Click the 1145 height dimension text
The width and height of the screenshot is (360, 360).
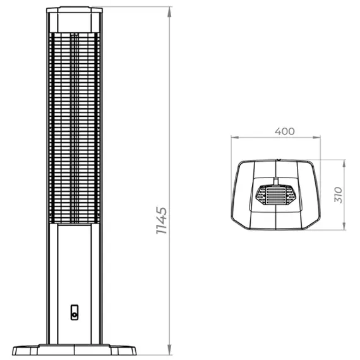pos(162,220)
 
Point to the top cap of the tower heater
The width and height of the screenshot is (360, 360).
pos(75,11)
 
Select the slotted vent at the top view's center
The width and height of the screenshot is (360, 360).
pos(275,196)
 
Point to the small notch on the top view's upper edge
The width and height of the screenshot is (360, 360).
pos(276,160)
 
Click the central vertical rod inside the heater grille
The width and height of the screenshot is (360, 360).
pos(75,126)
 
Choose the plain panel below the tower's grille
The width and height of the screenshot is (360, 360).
pos(75,265)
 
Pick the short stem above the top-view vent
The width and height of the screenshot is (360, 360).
pos(275,183)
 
